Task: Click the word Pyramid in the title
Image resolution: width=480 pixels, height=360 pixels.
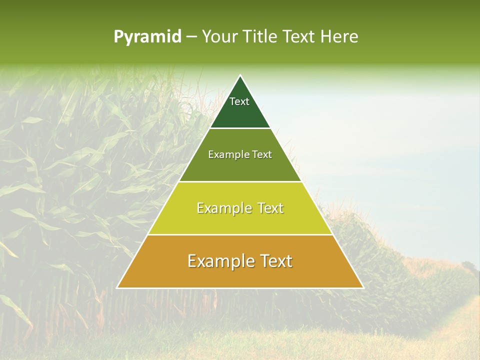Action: click(147, 37)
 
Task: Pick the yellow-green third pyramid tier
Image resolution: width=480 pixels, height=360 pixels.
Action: click(240, 220)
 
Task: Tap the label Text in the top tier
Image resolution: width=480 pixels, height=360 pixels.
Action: click(239, 101)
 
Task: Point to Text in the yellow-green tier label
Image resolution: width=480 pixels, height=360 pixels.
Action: click(270, 208)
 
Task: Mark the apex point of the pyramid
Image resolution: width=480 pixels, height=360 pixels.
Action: click(240, 75)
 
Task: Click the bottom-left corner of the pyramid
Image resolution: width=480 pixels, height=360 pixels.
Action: click(117, 287)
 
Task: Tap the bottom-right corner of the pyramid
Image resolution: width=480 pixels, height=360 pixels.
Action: click(363, 287)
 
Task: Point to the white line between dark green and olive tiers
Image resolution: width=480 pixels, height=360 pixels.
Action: click(240, 128)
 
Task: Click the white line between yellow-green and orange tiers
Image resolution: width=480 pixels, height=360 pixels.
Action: click(240, 234)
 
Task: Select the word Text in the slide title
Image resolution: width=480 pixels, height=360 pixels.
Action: click(299, 36)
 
